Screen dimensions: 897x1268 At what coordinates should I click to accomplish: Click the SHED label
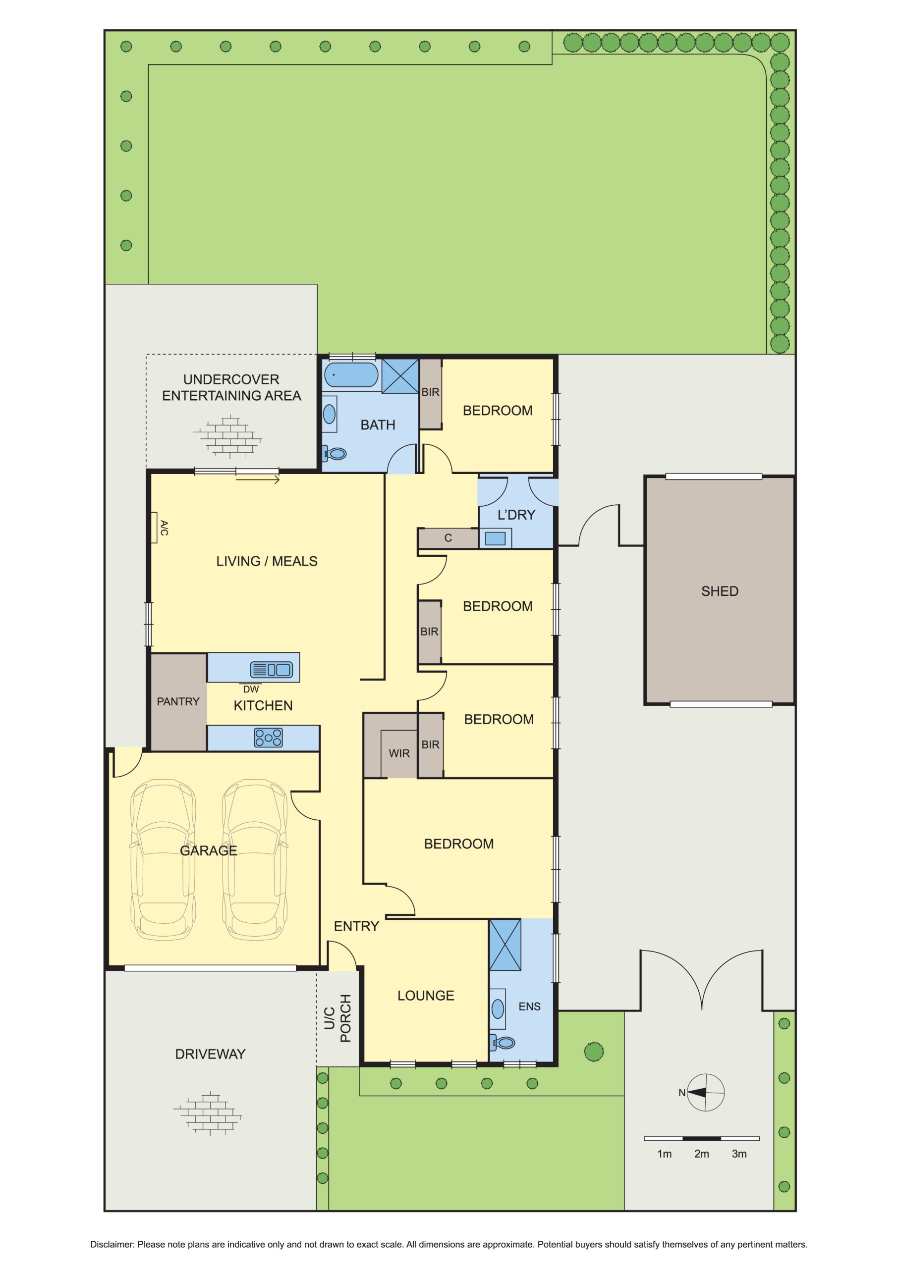click(719, 591)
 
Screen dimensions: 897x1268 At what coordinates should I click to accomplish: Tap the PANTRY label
click(178, 701)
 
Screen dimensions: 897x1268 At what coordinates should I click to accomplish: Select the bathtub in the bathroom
click(351, 375)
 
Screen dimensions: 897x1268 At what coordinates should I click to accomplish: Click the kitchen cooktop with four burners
click(268, 738)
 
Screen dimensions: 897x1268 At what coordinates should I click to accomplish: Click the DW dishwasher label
click(251, 689)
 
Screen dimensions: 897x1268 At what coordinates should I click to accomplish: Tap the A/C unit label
click(164, 528)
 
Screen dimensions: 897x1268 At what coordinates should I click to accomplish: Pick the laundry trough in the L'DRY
click(495, 538)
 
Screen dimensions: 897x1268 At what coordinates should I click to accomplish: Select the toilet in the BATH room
click(335, 454)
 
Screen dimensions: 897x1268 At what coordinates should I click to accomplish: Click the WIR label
click(399, 753)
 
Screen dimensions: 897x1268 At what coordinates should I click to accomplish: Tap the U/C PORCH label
click(337, 1018)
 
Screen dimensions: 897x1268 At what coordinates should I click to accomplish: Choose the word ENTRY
click(356, 926)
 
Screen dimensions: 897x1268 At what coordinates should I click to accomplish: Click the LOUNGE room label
click(426, 996)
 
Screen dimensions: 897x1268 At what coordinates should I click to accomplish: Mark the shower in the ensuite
click(505, 945)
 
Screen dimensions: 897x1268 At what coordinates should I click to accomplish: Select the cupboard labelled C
click(448, 538)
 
